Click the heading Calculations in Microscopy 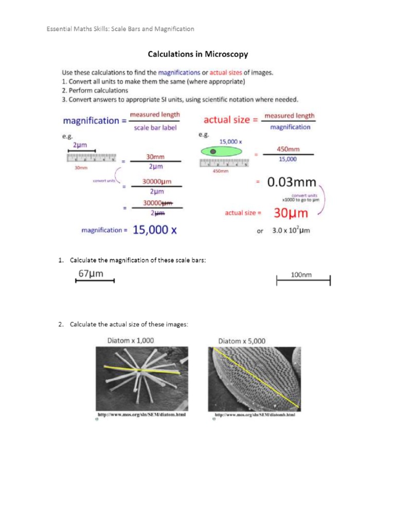(x=198, y=53)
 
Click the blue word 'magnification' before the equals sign (x=91, y=121)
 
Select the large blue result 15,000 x (x=155, y=230)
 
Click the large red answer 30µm (x=291, y=212)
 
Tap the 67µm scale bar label (x=91, y=274)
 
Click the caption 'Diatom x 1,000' (x=130, y=340)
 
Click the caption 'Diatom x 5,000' (x=242, y=341)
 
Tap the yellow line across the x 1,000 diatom (x=141, y=370)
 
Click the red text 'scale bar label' (x=155, y=128)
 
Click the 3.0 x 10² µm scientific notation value (x=291, y=231)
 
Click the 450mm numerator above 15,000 (x=288, y=149)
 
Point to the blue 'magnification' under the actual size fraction (x=290, y=127)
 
